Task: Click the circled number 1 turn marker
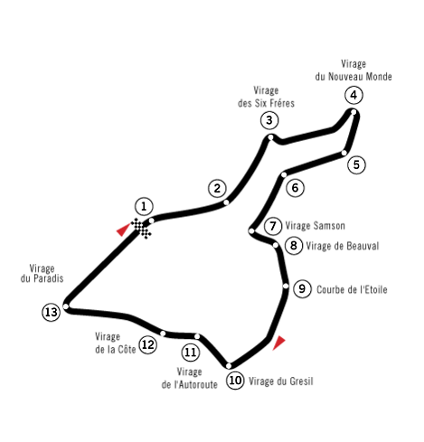[144, 207]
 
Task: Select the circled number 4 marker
[353, 95]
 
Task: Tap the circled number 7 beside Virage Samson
[273, 226]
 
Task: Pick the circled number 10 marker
[235, 381]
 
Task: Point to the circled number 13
[51, 312]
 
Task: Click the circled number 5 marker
[356, 165]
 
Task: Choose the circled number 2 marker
[217, 189]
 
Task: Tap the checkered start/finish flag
[141, 229]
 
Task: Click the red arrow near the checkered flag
[123, 230]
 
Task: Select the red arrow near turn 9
[278, 343]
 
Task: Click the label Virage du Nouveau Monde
[353, 71]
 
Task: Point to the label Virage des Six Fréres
[266, 97]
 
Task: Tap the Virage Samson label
[315, 226]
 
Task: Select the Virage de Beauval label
[343, 246]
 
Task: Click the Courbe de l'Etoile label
[352, 289]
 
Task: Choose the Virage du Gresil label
[281, 381]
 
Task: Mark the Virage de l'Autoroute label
[190, 378]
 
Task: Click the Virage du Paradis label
[42, 273]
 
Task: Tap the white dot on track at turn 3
[270, 137]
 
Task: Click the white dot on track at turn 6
[284, 174]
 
